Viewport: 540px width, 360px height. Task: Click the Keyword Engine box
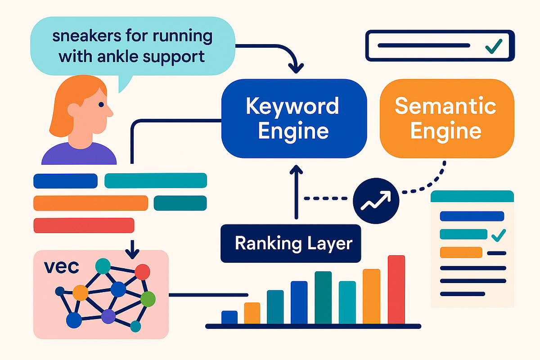(294, 118)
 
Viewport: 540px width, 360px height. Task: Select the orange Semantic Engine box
(447, 118)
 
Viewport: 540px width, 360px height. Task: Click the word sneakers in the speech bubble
(87, 36)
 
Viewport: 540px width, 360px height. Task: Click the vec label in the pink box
(62, 267)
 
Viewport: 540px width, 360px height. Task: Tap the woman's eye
(101, 104)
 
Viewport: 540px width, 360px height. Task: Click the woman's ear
(73, 110)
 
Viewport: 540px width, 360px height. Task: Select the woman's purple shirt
(79, 154)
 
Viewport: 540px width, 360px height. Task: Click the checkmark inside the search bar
(494, 46)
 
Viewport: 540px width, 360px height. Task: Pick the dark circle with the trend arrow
(376, 201)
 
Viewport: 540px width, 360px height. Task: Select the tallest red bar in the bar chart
(396, 289)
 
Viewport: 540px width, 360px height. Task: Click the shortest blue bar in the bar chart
(229, 317)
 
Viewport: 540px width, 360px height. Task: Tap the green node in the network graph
(148, 299)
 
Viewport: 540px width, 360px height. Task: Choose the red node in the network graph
(143, 272)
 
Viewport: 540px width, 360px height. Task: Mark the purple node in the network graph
(108, 317)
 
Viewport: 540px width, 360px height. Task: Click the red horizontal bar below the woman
(84, 225)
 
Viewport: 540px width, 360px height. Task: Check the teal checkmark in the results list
(499, 235)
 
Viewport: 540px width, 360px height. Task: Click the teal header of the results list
(472, 196)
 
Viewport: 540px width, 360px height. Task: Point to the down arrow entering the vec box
(132, 250)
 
